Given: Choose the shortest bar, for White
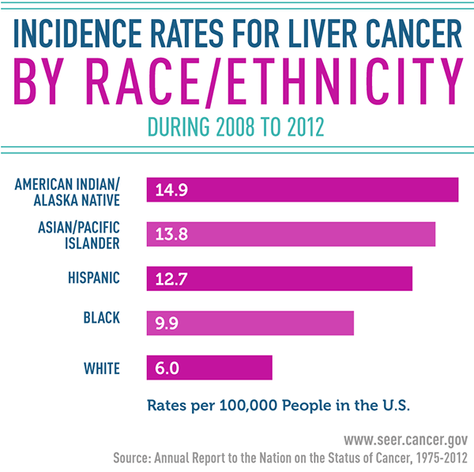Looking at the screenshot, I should pos(209,367).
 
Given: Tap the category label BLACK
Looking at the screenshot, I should pos(101,318).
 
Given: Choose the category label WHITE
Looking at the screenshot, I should pos(101,367).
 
